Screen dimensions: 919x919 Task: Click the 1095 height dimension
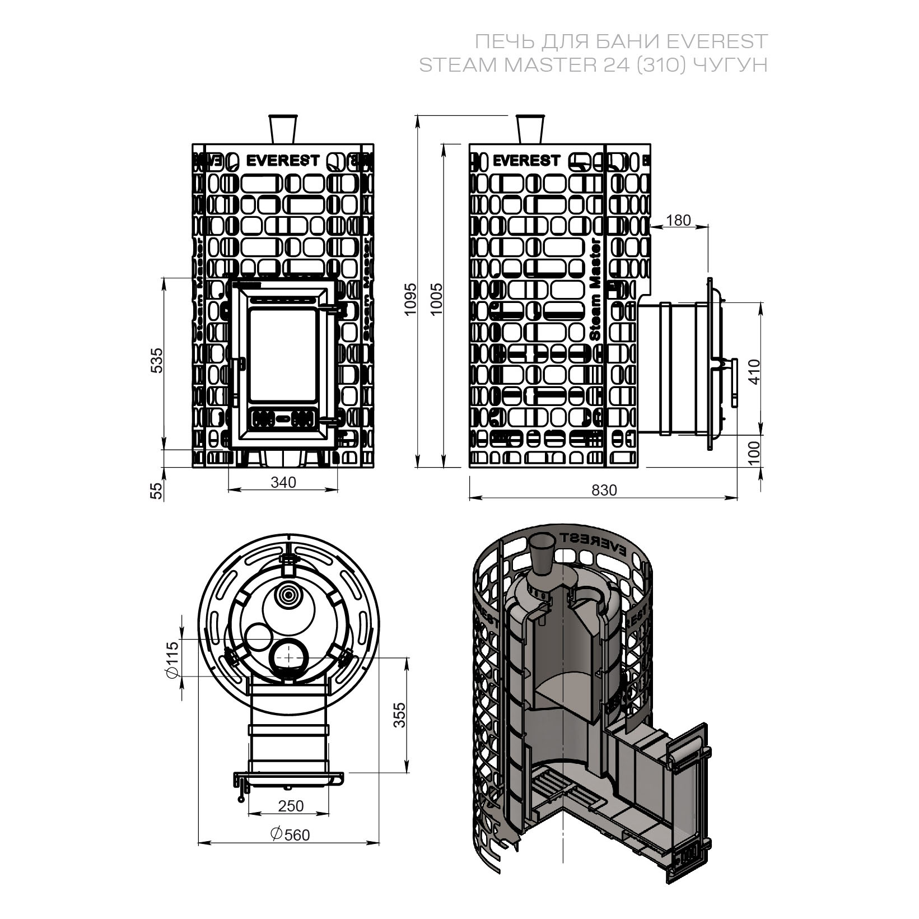click(411, 298)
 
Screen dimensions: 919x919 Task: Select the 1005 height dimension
click(436, 298)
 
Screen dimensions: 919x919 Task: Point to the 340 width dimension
click(283, 482)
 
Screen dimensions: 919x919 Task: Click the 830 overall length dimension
click(604, 490)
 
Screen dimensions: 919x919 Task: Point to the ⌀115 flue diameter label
click(171, 659)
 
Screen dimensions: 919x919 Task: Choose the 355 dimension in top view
click(398, 715)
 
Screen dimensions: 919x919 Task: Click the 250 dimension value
click(291, 805)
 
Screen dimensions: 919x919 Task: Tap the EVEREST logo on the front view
click(283, 161)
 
